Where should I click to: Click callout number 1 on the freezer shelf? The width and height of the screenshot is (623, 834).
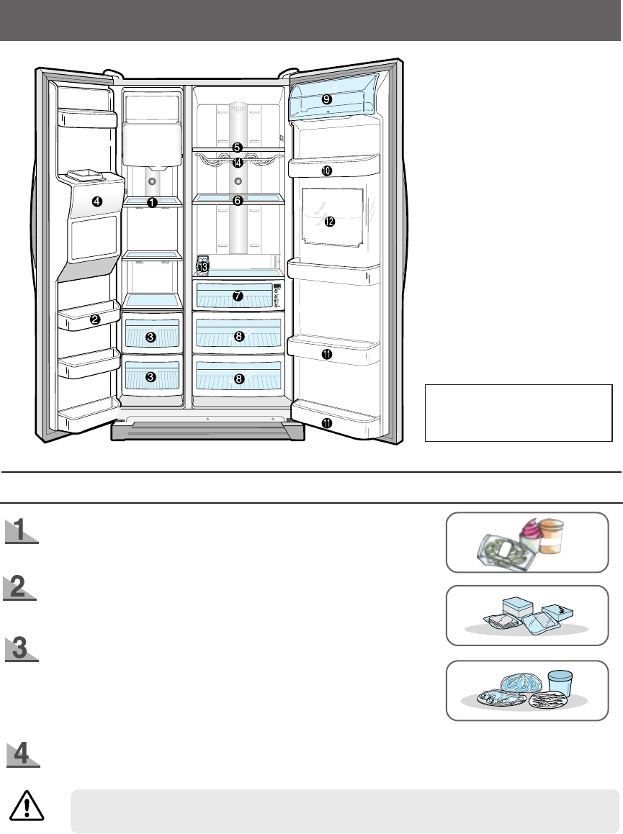click(152, 203)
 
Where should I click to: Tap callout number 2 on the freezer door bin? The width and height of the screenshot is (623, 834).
click(95, 321)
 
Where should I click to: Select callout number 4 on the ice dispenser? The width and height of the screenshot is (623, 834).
click(97, 202)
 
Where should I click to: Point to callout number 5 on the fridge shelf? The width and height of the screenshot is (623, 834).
click(237, 148)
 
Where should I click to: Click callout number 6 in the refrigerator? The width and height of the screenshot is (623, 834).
click(237, 201)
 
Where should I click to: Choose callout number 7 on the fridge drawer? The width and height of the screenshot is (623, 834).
click(238, 296)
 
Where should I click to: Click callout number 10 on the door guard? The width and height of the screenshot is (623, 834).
click(326, 171)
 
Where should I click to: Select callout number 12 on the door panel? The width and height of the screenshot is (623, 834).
click(329, 222)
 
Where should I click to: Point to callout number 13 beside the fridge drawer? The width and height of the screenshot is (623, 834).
click(203, 267)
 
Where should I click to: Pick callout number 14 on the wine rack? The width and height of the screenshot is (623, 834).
click(238, 163)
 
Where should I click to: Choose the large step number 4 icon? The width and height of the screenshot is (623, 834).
click(23, 754)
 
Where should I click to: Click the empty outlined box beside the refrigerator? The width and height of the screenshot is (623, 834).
click(519, 412)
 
